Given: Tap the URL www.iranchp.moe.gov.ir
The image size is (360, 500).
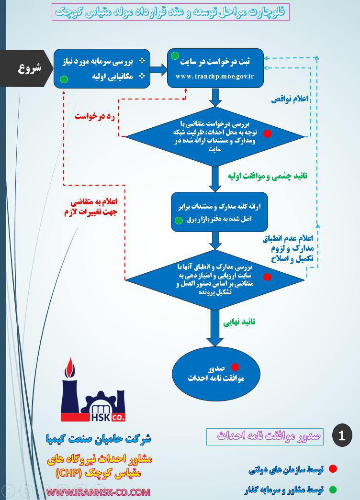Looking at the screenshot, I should click(214, 76).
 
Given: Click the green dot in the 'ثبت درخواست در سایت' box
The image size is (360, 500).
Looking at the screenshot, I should click(175, 56).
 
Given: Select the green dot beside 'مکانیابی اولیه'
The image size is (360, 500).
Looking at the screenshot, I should click(64, 79).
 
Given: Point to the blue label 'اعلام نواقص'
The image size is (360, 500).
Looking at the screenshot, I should click(290, 99).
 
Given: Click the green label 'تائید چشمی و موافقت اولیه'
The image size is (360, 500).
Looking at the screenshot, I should click(267, 176).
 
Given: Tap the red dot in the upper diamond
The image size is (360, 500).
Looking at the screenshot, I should click(268, 133).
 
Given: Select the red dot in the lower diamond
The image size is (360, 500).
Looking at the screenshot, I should click(268, 277).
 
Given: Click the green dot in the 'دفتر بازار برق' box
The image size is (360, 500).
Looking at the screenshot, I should click(179, 221).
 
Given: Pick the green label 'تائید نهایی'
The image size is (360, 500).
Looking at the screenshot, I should click(239, 322).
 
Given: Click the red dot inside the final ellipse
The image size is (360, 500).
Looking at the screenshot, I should click(235, 367).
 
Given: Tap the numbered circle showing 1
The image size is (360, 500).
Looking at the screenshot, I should click(342, 435).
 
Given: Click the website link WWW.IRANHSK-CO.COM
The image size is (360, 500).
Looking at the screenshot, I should click(99, 492).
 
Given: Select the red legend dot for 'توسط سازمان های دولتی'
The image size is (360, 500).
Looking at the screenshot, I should click(333, 469).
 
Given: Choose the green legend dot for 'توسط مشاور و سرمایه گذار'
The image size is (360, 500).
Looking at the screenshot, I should click(333, 489).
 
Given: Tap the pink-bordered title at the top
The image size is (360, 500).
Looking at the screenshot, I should click(170, 12).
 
